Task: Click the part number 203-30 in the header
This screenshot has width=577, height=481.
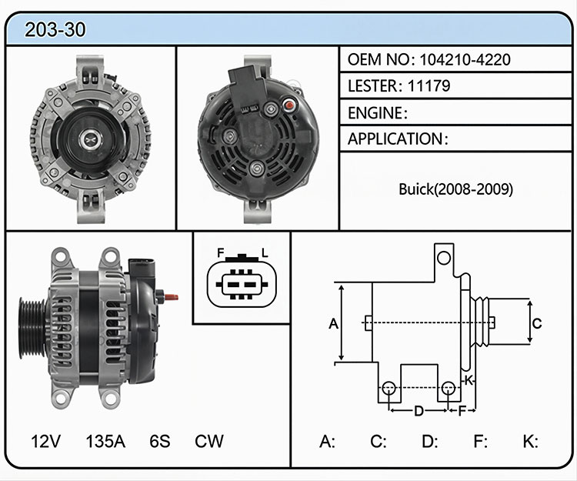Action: point(55,29)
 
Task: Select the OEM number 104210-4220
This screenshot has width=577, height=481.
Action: point(465,59)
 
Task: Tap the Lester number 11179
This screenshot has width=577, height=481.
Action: point(429,85)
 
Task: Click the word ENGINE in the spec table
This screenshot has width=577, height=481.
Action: point(375,113)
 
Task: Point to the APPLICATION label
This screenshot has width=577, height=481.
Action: point(395,139)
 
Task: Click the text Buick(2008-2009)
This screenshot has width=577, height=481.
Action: point(456,189)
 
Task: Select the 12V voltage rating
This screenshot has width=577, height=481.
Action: point(45,441)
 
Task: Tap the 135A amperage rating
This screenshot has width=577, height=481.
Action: point(105,441)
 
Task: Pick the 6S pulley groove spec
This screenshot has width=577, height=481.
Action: point(160,441)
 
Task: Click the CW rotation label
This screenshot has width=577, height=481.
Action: point(209,441)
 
